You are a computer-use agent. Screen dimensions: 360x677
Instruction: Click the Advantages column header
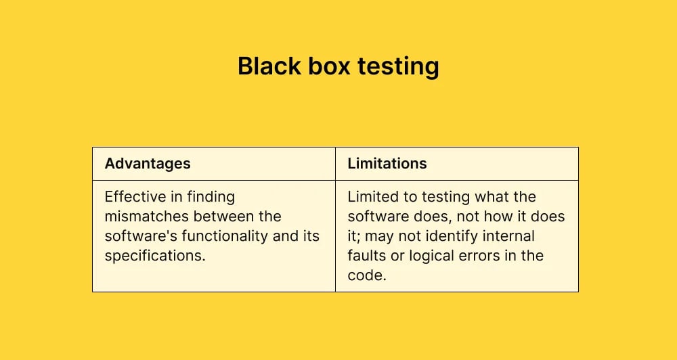tap(148, 164)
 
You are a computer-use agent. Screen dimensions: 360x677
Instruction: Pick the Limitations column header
tap(387, 164)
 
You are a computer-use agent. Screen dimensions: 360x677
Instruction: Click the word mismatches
tap(146, 217)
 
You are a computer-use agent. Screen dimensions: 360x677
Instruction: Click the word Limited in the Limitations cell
tap(372, 197)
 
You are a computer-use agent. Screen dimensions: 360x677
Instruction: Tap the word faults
tap(366, 256)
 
